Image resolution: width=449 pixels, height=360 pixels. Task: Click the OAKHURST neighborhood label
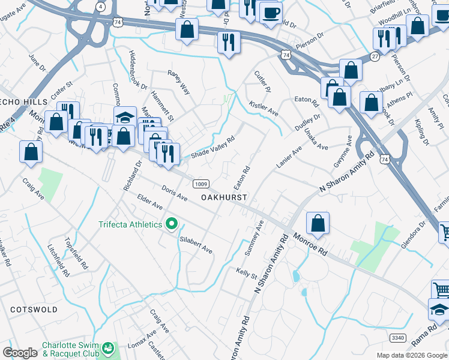pyautogui.click(x=224, y=197)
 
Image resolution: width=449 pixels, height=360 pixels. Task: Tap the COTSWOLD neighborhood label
pyautogui.click(x=34, y=310)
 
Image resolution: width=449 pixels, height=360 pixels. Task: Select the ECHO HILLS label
pyautogui.click(x=23, y=103)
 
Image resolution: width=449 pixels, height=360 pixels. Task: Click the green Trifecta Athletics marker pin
pyautogui.click(x=172, y=224)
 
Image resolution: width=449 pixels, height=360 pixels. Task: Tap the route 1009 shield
pyautogui.click(x=200, y=183)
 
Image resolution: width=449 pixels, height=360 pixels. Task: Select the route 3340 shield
pyautogui.click(x=397, y=338)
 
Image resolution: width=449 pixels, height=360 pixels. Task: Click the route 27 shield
pyautogui.click(x=374, y=56)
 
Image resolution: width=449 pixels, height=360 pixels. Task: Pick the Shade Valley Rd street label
pyautogui.click(x=212, y=148)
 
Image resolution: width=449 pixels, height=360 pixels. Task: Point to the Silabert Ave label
pyautogui.click(x=197, y=244)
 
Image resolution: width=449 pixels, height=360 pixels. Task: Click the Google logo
pyautogui.click(x=20, y=353)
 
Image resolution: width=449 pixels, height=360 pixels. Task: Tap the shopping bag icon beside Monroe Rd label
pyautogui.click(x=318, y=224)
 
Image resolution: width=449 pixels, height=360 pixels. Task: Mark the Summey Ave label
pyautogui.click(x=261, y=234)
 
